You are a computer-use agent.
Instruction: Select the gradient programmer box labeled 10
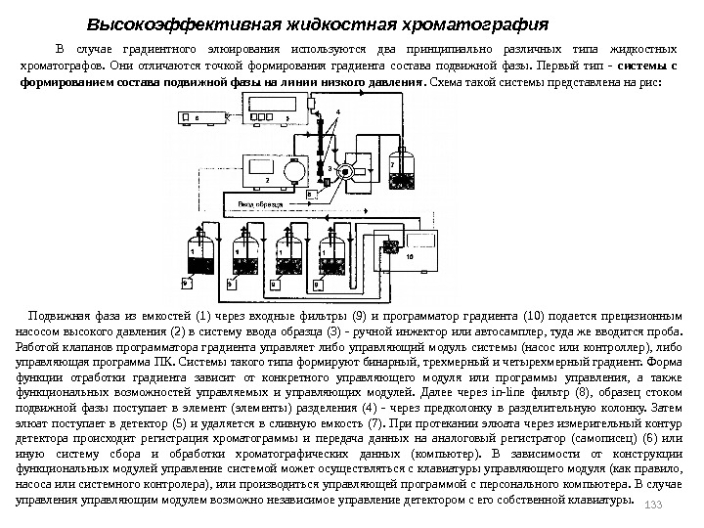pos(412,254)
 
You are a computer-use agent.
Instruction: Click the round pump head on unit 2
pos(292,168)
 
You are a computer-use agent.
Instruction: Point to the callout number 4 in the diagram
pos(337,112)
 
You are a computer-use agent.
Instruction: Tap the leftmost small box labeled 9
pos(188,285)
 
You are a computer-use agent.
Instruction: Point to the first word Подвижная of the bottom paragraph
pos(59,319)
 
